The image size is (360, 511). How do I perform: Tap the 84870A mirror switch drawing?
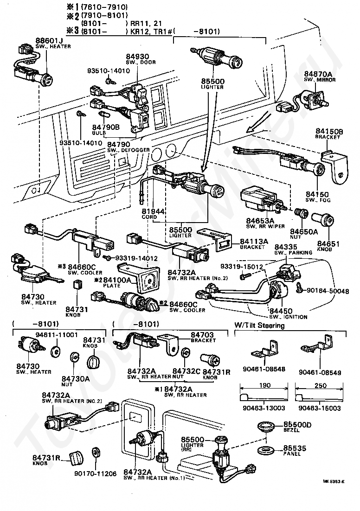point(316,99)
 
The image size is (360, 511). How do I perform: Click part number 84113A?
point(254,242)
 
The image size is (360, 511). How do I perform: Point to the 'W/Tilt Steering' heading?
point(259,326)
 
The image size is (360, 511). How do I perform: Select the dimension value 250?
point(320,386)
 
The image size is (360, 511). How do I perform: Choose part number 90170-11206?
point(95,474)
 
